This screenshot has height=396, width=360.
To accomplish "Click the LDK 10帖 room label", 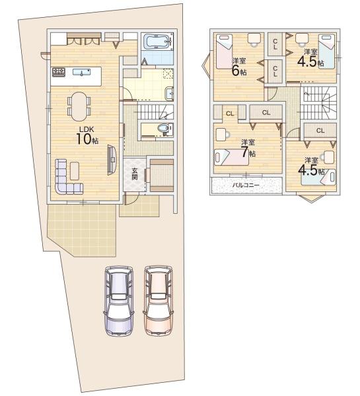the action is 87,135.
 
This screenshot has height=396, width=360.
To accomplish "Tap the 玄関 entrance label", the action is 135,174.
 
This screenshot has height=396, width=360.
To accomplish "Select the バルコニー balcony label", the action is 246,185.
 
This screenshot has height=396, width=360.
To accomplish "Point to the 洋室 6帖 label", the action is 239,67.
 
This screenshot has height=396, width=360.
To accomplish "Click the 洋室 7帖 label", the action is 248,148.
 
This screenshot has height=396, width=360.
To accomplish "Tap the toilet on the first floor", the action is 164,128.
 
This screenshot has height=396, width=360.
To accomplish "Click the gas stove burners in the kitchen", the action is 59,72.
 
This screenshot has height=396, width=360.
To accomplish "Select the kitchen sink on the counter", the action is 81,72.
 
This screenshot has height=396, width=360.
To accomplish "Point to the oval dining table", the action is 79,106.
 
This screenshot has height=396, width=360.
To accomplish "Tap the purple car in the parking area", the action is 119,301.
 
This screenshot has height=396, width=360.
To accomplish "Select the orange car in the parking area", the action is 159,300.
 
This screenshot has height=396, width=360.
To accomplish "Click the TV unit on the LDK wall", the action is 112,160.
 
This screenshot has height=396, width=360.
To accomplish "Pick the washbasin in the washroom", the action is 169,94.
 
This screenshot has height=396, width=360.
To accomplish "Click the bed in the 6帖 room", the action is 224,51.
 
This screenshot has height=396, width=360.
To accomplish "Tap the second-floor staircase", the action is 318,103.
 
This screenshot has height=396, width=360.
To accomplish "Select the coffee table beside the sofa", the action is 75,171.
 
